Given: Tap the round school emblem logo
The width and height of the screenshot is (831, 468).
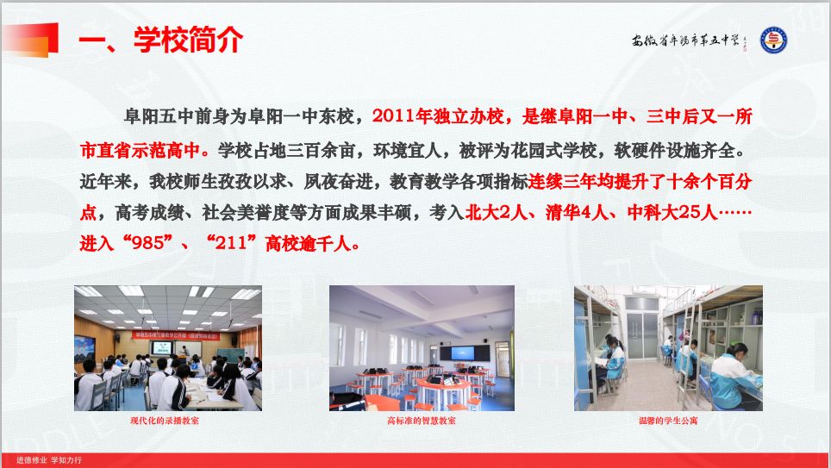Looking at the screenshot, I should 773,40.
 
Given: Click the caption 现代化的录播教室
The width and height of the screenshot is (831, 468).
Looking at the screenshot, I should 166,421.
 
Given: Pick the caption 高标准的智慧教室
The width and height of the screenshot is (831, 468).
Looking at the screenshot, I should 422,421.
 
